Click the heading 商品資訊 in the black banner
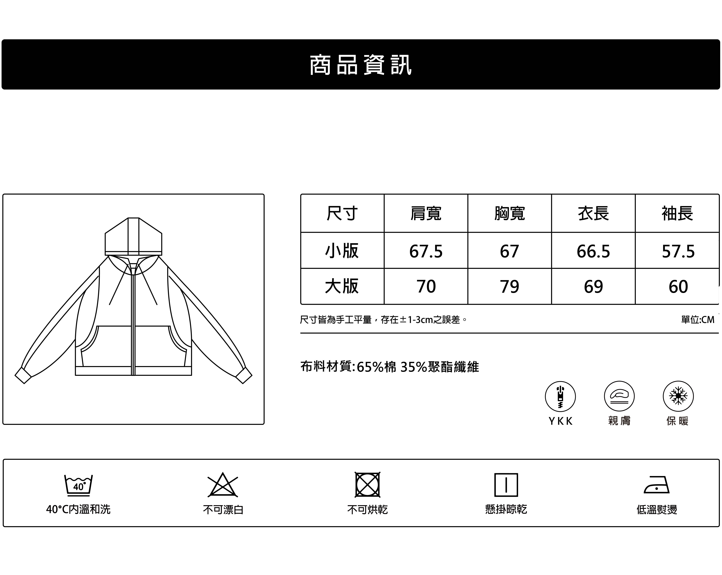[361, 65]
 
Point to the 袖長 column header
[677, 213]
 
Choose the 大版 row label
[342, 286]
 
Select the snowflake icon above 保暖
[678, 396]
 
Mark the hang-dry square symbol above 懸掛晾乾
[506, 485]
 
